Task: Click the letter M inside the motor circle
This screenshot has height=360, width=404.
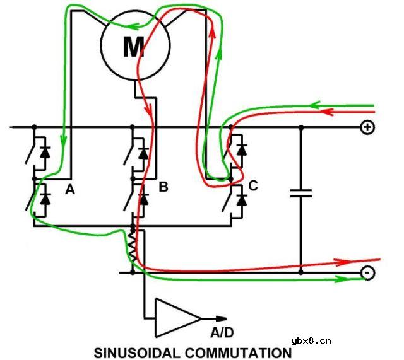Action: (134, 47)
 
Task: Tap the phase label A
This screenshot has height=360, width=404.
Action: (70, 190)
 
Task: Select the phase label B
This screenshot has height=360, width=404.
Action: (163, 187)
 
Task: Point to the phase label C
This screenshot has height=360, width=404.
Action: (253, 185)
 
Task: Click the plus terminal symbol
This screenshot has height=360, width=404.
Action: (367, 127)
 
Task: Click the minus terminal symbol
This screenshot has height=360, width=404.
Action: (368, 272)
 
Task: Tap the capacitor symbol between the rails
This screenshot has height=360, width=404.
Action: (301, 194)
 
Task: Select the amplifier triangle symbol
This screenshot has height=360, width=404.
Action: (178, 318)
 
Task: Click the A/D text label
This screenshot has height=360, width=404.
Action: (222, 332)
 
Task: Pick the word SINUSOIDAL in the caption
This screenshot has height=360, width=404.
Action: (137, 353)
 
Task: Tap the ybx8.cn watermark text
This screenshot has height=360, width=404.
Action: (311, 341)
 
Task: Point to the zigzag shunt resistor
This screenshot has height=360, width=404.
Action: (133, 247)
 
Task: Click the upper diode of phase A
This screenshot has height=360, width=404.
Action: (45, 152)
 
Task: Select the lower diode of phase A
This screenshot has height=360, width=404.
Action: (45, 199)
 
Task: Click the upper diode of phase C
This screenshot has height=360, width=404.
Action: (242, 149)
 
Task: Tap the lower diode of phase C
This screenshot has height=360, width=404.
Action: (242, 200)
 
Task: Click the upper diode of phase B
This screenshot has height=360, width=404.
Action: (143, 153)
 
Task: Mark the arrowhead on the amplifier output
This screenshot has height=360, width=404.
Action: (221, 318)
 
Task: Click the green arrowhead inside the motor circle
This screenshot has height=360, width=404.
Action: (132, 26)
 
